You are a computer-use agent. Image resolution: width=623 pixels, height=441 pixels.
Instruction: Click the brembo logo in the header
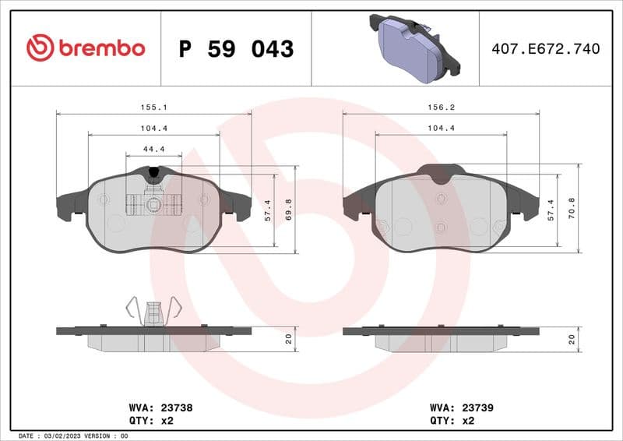pyautogui.click(x=86, y=48)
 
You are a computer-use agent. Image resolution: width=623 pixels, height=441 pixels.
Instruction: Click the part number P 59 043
pyautogui.click(x=236, y=49)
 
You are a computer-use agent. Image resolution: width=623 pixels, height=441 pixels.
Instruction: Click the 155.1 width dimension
pyautogui.click(x=153, y=107)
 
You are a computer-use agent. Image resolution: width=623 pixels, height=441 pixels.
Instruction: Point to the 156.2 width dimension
pyautogui.click(x=441, y=107)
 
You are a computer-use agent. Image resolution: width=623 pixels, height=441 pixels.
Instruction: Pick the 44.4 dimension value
pyautogui.click(x=153, y=149)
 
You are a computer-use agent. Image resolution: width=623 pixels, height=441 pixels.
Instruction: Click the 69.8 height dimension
pyautogui.click(x=288, y=210)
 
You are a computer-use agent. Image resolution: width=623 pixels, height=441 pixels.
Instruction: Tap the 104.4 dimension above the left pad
pyautogui.click(x=153, y=128)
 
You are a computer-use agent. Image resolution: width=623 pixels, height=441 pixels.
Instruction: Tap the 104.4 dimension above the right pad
pyautogui.click(x=441, y=128)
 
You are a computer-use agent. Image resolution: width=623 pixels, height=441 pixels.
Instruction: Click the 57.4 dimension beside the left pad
pyautogui.click(x=266, y=210)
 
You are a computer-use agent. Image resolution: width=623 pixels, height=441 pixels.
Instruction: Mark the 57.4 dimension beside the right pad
pyautogui.click(x=551, y=210)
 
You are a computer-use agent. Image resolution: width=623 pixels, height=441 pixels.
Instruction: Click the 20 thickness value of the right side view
pyautogui.click(x=572, y=339)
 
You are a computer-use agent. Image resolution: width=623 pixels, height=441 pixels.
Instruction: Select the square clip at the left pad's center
pyautogui.click(x=153, y=205)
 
